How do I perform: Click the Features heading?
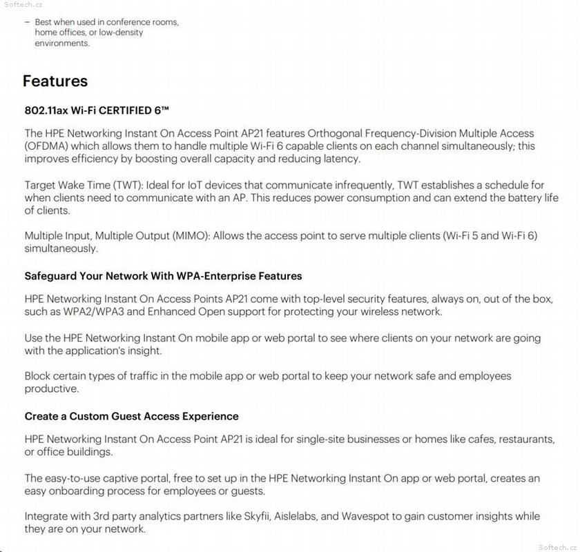click(x=55, y=81)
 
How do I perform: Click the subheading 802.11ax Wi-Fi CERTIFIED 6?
click(x=97, y=110)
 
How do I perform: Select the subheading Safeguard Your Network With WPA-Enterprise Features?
click(x=163, y=276)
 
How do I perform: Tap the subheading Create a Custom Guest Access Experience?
click(x=131, y=416)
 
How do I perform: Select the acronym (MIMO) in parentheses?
click(x=187, y=235)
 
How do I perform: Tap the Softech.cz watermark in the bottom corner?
click(x=557, y=546)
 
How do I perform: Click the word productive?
click(x=51, y=389)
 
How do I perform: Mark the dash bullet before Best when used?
click(x=27, y=22)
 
